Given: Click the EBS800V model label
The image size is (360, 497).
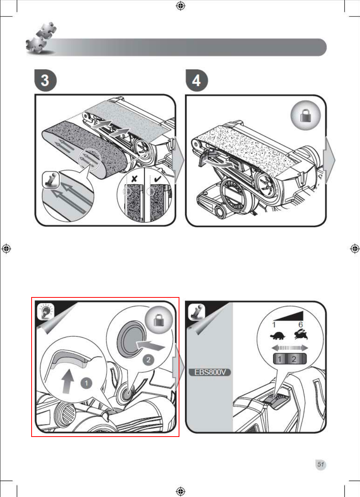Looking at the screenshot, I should tap(211, 372).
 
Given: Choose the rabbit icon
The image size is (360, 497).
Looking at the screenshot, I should tap(301, 334).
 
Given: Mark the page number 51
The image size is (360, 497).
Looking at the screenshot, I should tap(321, 464).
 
